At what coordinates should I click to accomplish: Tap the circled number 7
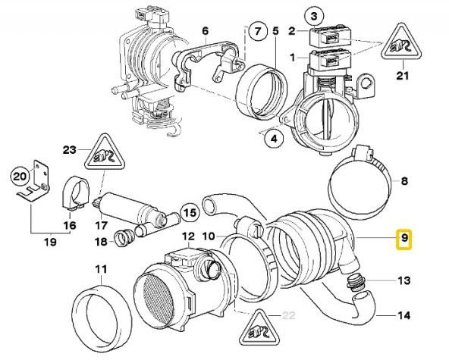[x=258, y=33]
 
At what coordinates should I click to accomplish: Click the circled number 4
[x=273, y=137]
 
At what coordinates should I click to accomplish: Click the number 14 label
[x=403, y=315]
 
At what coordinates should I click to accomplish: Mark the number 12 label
[x=188, y=237]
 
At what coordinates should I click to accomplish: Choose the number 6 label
[x=204, y=31]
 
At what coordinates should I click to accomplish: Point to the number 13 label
[x=403, y=281]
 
